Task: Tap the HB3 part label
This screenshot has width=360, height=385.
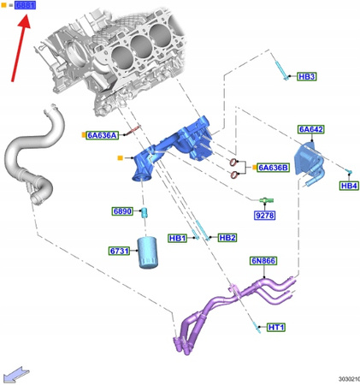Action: point(307,77)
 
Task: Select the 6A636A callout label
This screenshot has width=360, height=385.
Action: point(101,135)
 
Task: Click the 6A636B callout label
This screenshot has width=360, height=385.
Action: point(274,168)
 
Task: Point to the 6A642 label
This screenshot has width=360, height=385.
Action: point(310,130)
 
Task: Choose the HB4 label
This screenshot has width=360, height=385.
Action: point(349,186)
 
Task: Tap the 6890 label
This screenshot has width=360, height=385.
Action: point(122,211)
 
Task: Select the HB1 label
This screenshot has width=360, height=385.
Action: point(178,237)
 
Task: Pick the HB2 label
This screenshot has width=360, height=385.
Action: point(227,237)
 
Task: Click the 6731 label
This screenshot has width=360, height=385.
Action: point(118,252)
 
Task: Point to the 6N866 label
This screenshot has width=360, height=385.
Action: point(262,261)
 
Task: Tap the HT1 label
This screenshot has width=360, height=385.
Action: point(276,328)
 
